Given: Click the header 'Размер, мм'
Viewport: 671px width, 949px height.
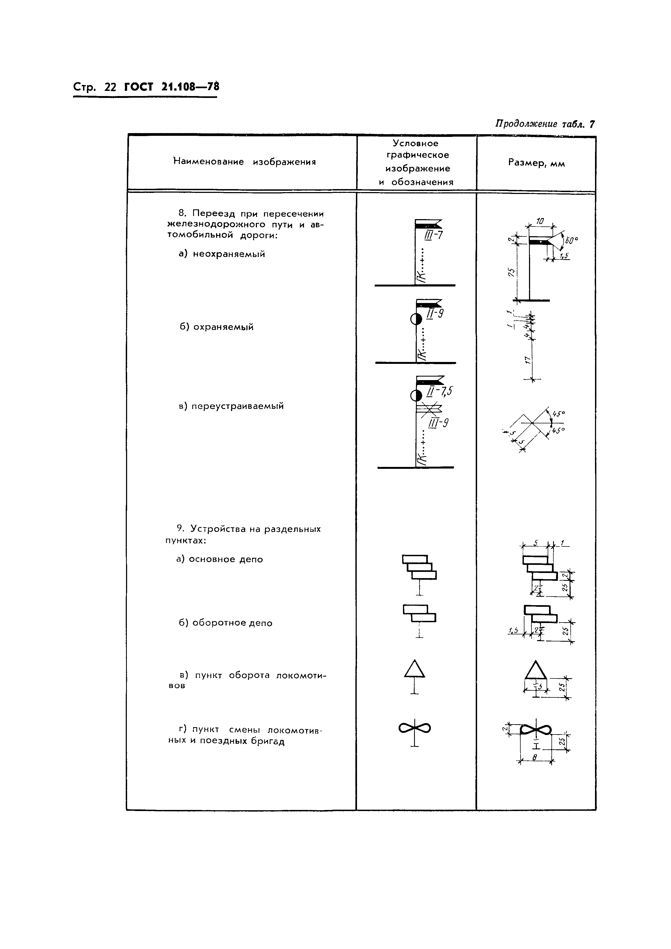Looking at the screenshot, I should (x=536, y=163).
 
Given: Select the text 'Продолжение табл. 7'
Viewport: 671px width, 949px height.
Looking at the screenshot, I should (x=545, y=124).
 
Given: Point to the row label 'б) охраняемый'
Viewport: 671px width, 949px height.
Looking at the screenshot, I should (x=217, y=327).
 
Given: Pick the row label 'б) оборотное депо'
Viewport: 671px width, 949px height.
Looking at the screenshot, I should (x=226, y=623).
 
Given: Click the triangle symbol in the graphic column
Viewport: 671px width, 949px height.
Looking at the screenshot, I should (x=414, y=669).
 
